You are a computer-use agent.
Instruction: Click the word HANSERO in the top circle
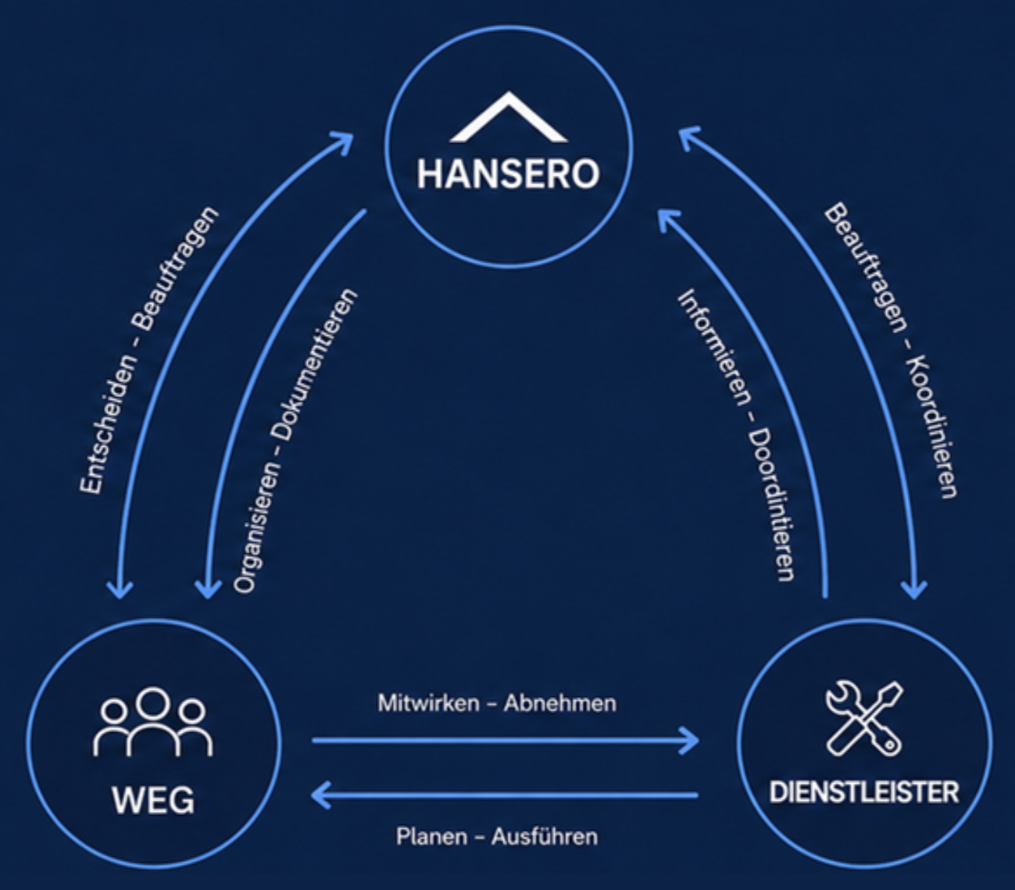coord(508,174)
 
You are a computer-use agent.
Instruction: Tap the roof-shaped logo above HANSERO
coord(509,116)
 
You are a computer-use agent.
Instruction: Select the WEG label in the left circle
coord(153,800)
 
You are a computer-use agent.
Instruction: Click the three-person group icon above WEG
coord(153,722)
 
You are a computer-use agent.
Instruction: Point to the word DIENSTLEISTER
coord(864,792)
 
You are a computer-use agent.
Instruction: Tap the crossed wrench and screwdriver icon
coord(864,718)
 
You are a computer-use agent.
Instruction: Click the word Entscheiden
coord(108,424)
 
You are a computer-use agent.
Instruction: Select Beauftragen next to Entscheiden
coord(178,268)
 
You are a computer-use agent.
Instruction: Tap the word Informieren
coord(714,347)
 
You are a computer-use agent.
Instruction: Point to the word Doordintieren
coord(771,504)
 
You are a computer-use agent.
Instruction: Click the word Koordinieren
coord(933,427)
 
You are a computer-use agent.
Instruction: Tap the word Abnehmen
coord(560,703)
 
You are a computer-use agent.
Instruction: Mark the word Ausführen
coord(545,836)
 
